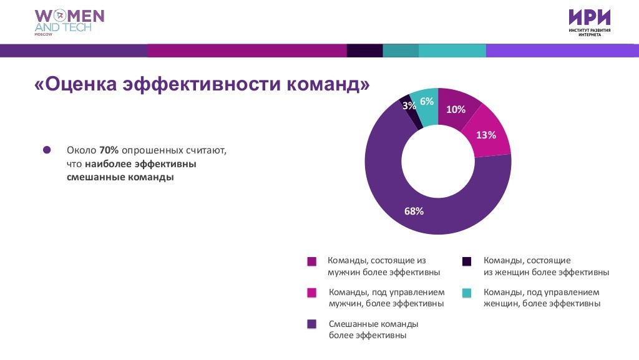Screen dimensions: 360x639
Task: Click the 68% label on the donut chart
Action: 414,211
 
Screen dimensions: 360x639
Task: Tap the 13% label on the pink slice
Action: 486,135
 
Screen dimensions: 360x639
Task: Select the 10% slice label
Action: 456,110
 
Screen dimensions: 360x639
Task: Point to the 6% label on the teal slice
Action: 427,102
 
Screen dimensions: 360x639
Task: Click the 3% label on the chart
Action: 409,106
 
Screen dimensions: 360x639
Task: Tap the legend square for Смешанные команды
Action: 311,324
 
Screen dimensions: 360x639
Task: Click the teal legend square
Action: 466,293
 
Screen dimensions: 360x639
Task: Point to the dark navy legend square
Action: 466,261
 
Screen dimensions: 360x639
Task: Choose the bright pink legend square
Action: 311,293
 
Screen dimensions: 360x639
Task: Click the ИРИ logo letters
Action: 589,17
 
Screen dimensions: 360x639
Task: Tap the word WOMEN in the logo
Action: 69,16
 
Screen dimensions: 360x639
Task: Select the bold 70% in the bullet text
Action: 109,151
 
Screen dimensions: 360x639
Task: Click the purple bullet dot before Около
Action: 47,150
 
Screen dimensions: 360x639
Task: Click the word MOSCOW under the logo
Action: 44,35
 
